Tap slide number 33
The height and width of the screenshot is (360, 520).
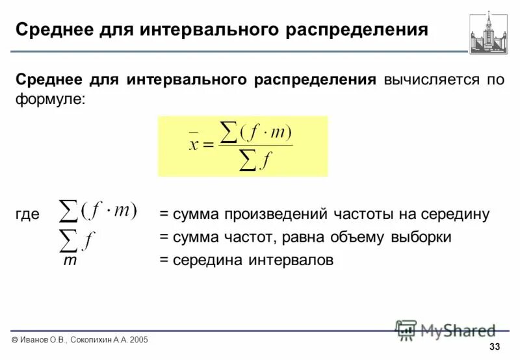[x=495, y=346]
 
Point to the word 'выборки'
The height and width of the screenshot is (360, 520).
[x=421, y=237]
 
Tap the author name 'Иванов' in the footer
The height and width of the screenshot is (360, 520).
[x=35, y=339]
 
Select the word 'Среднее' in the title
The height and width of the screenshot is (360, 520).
[x=55, y=31]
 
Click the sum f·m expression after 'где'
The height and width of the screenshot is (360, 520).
[x=98, y=211]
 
